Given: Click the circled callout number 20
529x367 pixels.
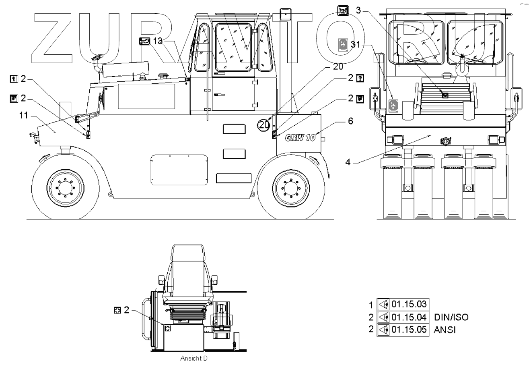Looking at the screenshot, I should (x=264, y=125).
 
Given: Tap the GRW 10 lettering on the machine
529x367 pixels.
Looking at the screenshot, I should (x=300, y=137).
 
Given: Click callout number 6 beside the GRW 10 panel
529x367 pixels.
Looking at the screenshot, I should (x=350, y=121).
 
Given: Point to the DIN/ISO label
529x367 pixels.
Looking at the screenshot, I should (x=451, y=317).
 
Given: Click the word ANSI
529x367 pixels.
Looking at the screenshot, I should (x=445, y=330).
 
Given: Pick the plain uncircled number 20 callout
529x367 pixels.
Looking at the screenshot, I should (x=338, y=66).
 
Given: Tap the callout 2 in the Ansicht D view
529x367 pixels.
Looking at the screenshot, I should (x=126, y=310).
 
